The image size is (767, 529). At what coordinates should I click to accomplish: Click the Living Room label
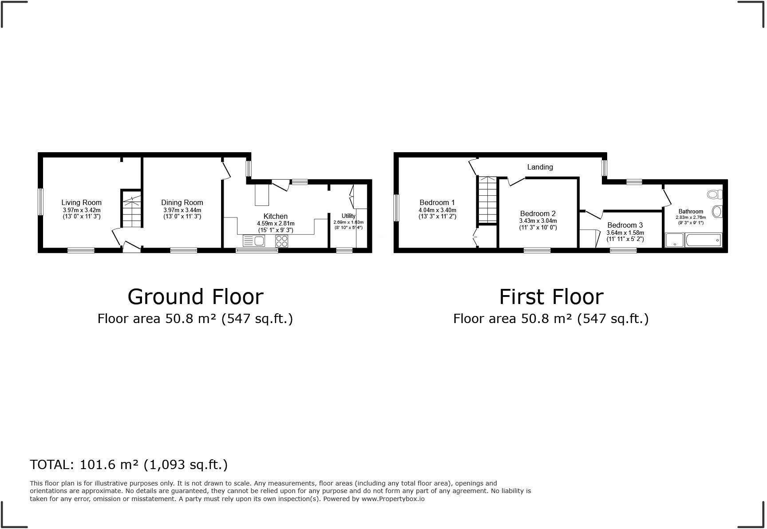pyautogui.click(x=82, y=203)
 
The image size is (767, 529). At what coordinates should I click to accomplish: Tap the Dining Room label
pyautogui.click(x=182, y=203)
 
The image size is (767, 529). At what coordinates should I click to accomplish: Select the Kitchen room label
pyautogui.click(x=276, y=217)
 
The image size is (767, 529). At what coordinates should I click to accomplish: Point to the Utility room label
pyautogui.click(x=348, y=216)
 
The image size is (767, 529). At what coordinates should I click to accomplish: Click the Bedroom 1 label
pyautogui.click(x=437, y=203)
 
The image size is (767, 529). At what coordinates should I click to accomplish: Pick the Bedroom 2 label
pyautogui.click(x=538, y=213)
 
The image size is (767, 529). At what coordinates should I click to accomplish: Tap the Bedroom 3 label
pyautogui.click(x=625, y=225)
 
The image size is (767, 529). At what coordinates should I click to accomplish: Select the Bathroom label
pyautogui.click(x=691, y=212)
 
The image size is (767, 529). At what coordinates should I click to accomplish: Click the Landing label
pyautogui.click(x=540, y=167)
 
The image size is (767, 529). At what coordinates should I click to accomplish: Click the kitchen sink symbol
pyautogui.click(x=254, y=241)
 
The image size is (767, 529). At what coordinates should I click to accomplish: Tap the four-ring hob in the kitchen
pyautogui.click(x=282, y=241)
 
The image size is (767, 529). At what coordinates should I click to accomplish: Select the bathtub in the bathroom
pyautogui.click(x=704, y=240)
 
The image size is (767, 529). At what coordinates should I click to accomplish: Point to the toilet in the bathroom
pyautogui.click(x=715, y=194)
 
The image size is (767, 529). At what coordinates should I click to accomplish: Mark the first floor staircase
pyautogui.click(x=487, y=200)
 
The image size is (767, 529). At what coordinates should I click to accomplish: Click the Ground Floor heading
pyautogui.click(x=195, y=297)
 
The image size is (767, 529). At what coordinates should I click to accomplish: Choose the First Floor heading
pyautogui.click(x=551, y=297)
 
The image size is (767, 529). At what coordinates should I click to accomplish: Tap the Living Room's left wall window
pyautogui.click(x=40, y=202)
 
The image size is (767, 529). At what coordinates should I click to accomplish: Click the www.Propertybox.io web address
pyautogui.click(x=393, y=499)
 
